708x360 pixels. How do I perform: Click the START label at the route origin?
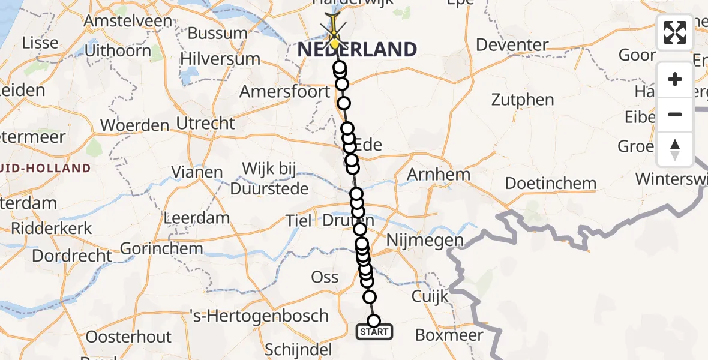pos(375,332)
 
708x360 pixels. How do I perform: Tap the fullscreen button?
pos(675,32)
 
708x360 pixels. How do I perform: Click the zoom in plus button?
pos(675,79)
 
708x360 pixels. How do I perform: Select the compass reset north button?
pos(675,149)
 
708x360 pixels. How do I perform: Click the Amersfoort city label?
pos(285,92)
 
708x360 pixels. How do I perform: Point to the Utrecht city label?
pos(206,124)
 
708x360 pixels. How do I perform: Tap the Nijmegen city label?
pos(425,241)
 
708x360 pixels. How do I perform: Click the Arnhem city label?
pos(439,175)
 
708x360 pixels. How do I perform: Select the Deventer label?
pos(512,45)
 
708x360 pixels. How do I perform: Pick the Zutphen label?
pos(523,100)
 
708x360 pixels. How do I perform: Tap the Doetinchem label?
pos(550,183)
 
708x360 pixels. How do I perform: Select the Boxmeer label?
pos(449,335)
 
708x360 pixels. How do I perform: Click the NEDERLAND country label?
pos(358,49)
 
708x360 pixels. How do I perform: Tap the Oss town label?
pos(325,277)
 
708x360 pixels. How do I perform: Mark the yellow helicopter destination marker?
pos(334,38)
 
